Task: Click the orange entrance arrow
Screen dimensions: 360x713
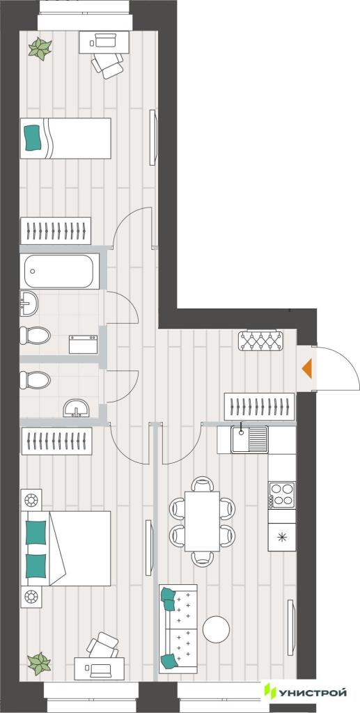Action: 308,368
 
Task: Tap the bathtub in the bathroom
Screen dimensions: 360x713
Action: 60,272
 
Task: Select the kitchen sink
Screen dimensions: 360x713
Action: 249,439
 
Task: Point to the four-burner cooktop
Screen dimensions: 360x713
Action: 282,495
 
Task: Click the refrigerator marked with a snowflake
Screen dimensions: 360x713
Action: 282,537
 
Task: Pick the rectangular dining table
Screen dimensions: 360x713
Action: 202,521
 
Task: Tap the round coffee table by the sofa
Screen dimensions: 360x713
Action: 217,629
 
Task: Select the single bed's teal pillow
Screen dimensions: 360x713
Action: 33,139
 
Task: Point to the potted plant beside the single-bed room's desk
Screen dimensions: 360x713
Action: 40,48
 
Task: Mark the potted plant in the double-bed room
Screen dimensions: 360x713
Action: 39,664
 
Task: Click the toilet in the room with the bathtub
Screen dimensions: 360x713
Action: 35,336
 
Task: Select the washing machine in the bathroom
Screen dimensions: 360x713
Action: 83,344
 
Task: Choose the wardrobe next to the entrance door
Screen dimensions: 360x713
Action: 260,407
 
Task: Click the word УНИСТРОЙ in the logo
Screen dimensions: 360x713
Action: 312,693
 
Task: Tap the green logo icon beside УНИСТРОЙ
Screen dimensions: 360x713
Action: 270,691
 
